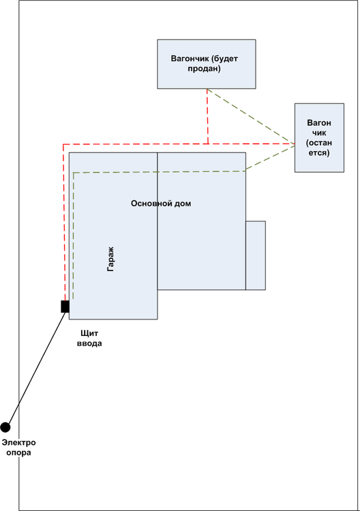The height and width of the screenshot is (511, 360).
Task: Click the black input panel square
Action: pyautogui.click(x=65, y=307)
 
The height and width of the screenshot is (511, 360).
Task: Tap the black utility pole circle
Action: pyautogui.click(x=5, y=427)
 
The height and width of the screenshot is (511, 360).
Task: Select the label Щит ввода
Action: pyautogui.click(x=89, y=338)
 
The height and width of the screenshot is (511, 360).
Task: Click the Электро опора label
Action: pyautogui.click(x=19, y=447)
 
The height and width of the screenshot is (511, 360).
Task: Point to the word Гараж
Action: pyautogui.click(x=110, y=260)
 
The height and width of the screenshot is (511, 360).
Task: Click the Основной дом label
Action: pyautogui.click(x=161, y=204)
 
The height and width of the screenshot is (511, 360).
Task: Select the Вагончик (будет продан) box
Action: pyautogui.click(x=207, y=63)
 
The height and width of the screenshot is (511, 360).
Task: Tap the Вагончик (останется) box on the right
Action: pyautogui.click(x=318, y=138)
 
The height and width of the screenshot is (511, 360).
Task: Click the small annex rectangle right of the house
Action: pyautogui.click(x=256, y=255)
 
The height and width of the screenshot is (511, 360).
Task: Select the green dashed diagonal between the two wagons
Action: pyautogui.click(x=250, y=117)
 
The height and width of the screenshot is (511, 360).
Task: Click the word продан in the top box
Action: pyautogui.click(x=205, y=69)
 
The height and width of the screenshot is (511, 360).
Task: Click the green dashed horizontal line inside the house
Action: pyautogui.click(x=157, y=172)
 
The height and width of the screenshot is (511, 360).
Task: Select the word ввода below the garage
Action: pyautogui.click(x=89, y=343)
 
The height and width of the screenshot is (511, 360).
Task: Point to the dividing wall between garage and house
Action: pyautogui.click(x=157, y=225)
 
